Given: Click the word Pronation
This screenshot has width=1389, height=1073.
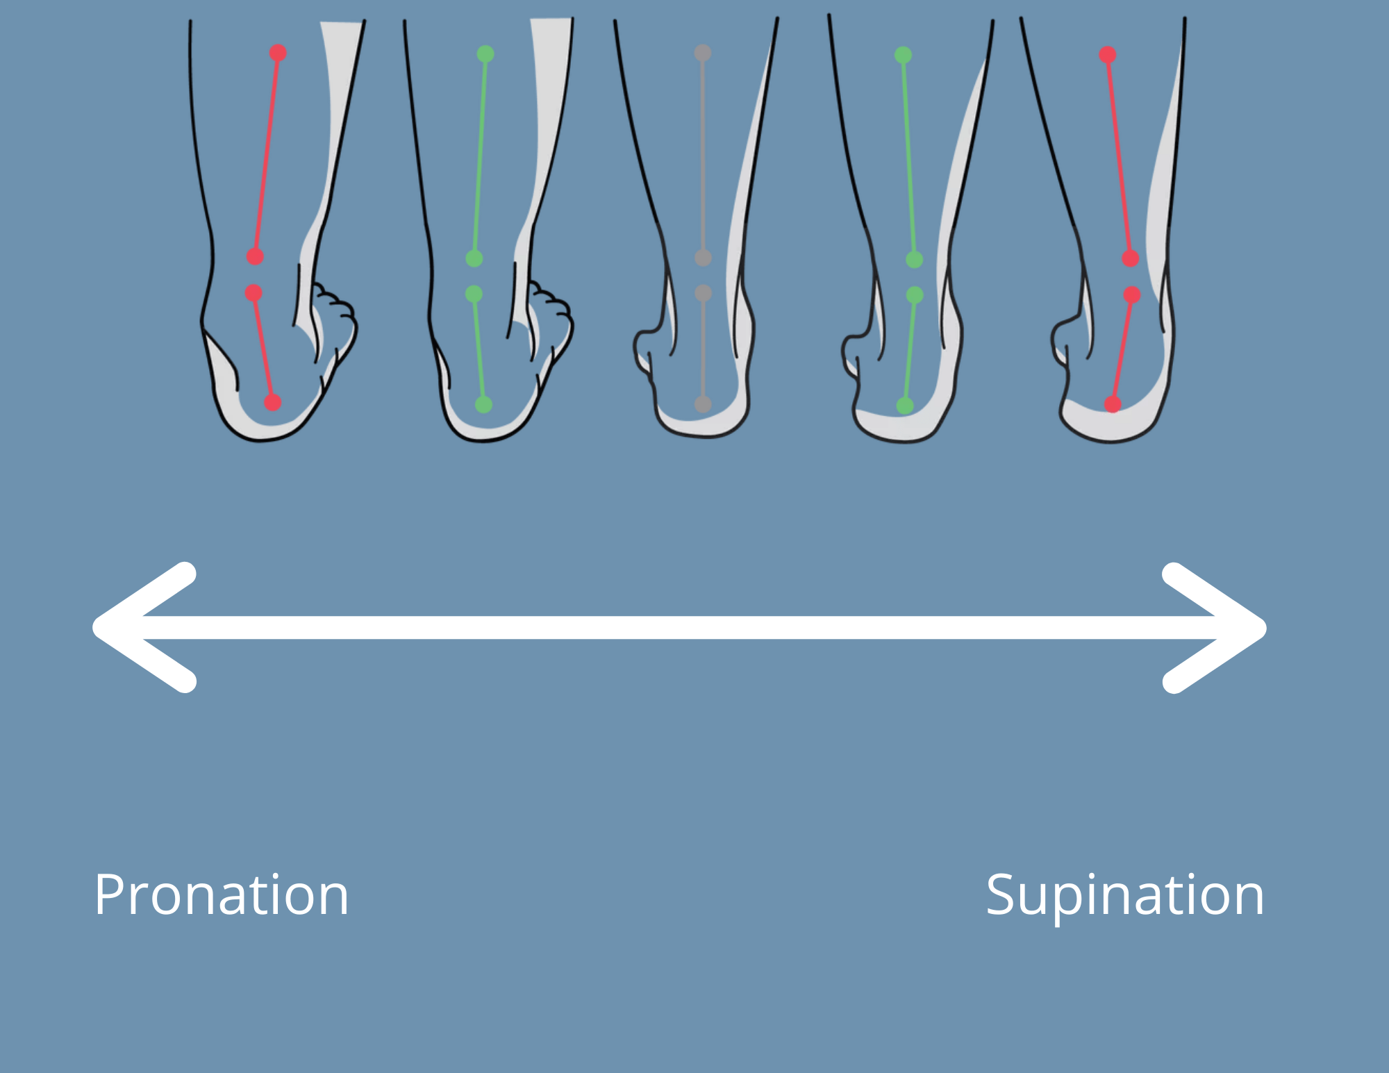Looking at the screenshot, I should [x=222, y=896].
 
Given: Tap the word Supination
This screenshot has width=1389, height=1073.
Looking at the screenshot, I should [x=1125, y=896].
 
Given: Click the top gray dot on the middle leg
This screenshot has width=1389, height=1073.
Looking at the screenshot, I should [x=702, y=53].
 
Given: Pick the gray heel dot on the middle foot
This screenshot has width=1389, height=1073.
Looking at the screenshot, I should [x=703, y=404].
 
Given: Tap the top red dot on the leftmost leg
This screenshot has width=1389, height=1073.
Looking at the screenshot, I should [x=278, y=53].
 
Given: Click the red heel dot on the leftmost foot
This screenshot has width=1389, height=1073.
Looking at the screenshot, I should [x=273, y=402].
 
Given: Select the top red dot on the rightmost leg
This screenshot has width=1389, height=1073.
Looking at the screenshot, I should [x=1108, y=55].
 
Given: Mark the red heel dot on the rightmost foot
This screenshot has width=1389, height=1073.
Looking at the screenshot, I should [x=1113, y=404].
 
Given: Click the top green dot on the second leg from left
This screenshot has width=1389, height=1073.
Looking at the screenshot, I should [x=485, y=54].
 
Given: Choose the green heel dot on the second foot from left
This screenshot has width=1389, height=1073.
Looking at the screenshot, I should [x=484, y=404].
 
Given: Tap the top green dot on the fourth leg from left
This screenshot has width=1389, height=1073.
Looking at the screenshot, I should [x=903, y=56].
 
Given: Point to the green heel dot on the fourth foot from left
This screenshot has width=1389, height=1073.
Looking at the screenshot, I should [x=905, y=406].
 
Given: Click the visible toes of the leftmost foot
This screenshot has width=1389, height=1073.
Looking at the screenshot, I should [x=337, y=313].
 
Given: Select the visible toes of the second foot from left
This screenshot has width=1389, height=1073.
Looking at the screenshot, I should [x=554, y=313].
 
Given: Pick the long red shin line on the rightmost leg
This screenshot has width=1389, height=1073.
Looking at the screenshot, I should [x=1119, y=156].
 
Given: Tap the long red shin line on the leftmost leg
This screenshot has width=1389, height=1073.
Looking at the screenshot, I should [x=267, y=155].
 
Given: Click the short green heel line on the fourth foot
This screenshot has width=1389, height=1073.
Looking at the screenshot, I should [x=910, y=351].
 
